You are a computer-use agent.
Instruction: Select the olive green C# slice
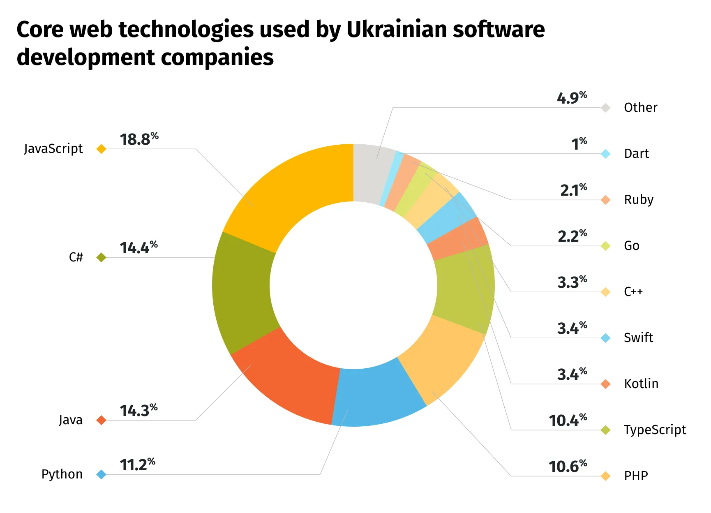[x=242, y=288]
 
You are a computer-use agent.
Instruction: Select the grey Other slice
[x=372, y=173]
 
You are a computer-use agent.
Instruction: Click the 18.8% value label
[x=139, y=139]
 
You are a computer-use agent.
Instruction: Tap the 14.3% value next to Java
[x=138, y=411]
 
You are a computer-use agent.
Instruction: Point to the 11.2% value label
[x=137, y=465]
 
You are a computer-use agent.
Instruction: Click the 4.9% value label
[x=571, y=98]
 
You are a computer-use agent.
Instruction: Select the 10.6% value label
[x=567, y=467]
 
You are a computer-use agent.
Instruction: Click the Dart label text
[x=636, y=154]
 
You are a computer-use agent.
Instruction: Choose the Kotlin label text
[x=641, y=384]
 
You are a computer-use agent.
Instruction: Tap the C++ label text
[x=633, y=292]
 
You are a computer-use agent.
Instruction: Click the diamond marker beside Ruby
[x=605, y=200]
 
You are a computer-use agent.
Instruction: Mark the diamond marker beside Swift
[x=605, y=338]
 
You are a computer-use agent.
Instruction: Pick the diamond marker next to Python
[x=101, y=475]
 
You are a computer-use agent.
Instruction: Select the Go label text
[x=631, y=246]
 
